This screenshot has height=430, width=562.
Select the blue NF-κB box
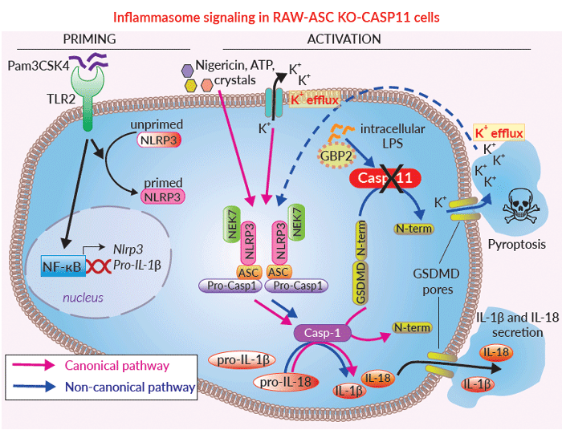tap(63, 266)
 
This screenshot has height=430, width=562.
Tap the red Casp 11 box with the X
tap(385, 178)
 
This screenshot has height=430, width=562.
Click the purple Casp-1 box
tap(322, 333)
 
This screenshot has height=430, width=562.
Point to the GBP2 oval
tap(336, 156)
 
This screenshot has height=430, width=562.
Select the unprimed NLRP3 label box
tap(158, 140)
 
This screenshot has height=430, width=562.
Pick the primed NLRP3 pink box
tap(163, 197)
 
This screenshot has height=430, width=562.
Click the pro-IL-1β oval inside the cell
tap(242, 360)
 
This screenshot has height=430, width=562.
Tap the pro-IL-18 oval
tap(285, 383)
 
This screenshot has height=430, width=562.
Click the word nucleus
tap(83, 298)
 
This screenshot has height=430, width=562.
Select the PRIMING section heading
tap(89, 39)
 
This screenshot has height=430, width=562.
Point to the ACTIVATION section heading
tap(344, 39)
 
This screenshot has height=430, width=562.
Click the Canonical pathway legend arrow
tap(33, 365)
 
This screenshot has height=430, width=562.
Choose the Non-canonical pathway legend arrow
tap(34, 387)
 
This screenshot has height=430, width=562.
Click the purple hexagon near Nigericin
tap(187, 71)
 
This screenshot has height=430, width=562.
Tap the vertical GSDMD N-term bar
tap(360, 263)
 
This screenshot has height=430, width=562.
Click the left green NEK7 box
tap(232, 224)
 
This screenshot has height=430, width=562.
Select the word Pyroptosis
tap(517, 245)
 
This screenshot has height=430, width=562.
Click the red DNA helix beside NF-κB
tap(97, 266)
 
